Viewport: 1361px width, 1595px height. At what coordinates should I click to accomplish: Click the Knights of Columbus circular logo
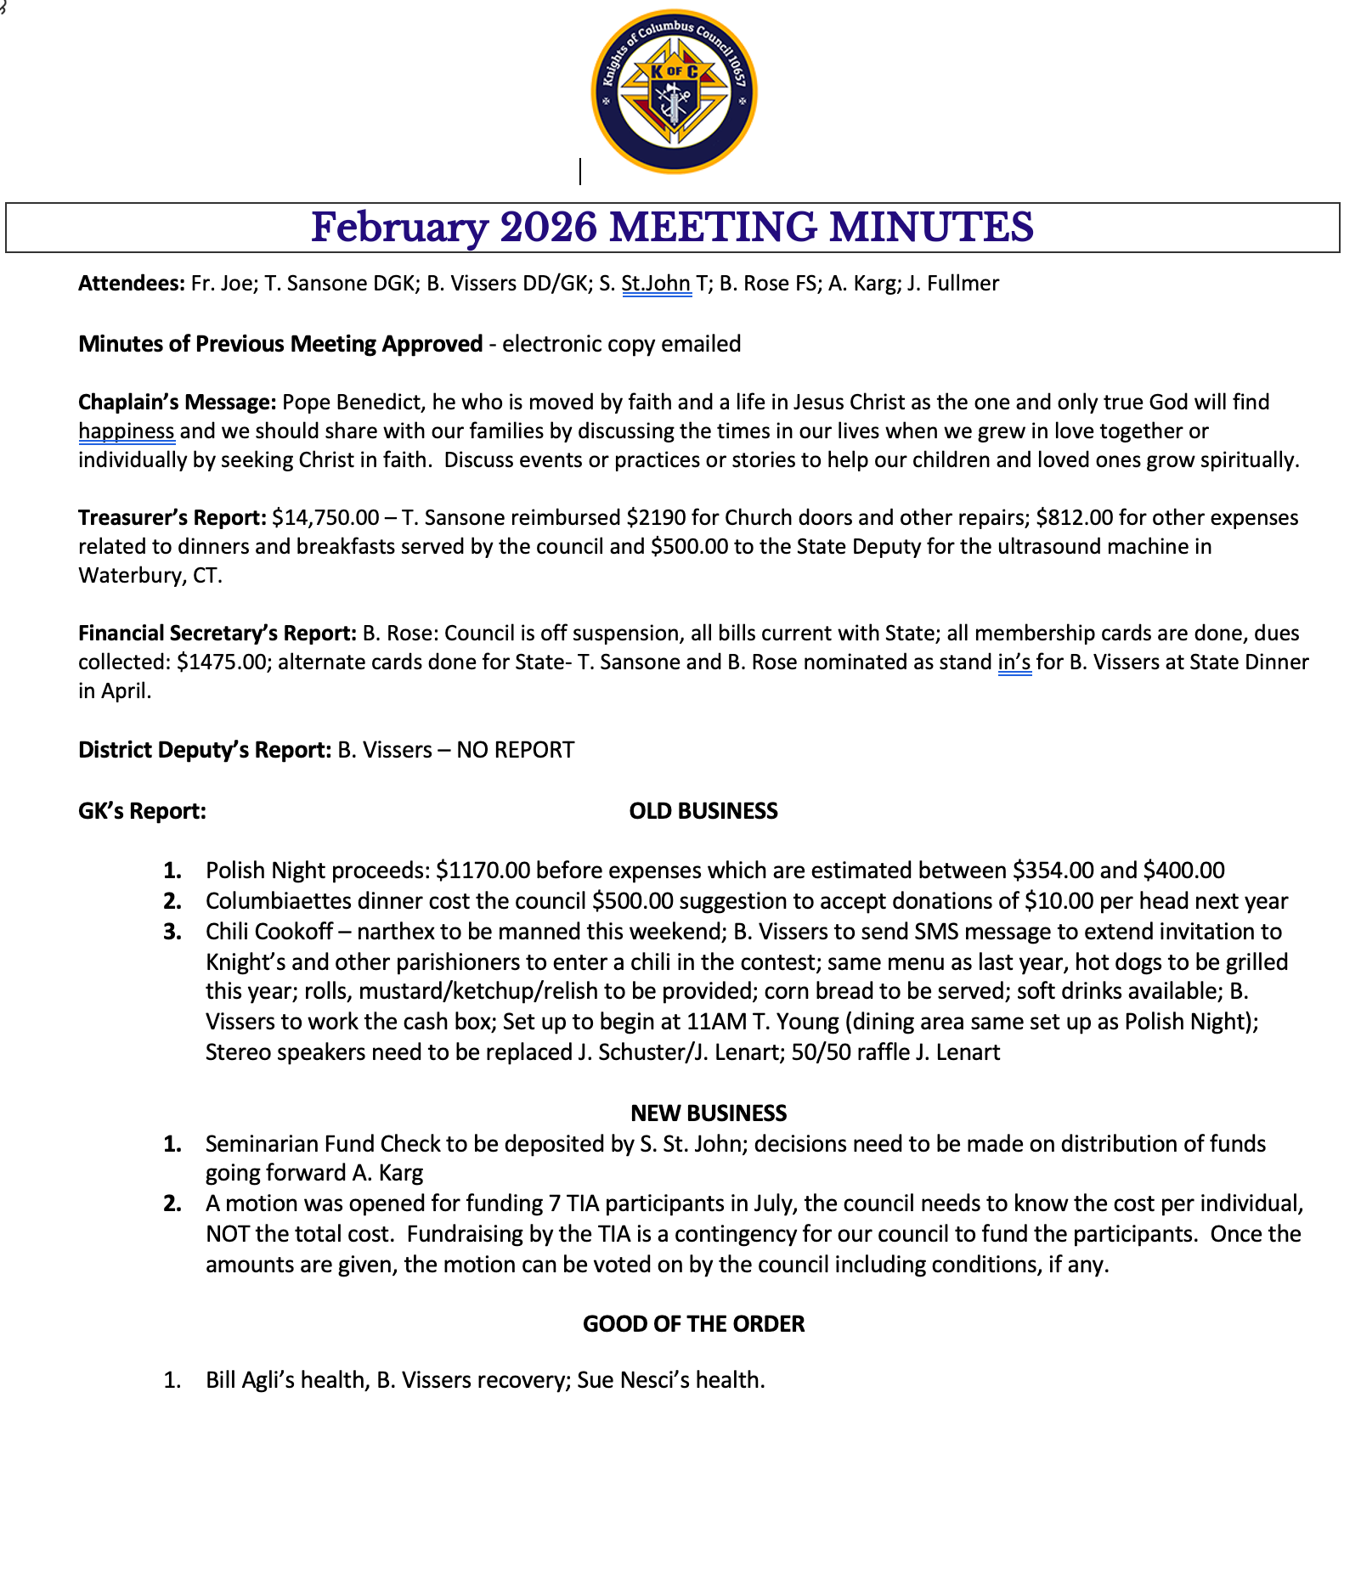pos(674,92)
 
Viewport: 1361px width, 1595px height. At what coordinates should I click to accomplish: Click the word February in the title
pos(399,228)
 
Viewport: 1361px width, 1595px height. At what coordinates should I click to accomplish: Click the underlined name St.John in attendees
pos(656,284)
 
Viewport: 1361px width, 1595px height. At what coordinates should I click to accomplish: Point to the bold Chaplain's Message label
pos(177,402)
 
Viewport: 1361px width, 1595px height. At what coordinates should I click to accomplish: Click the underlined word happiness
pos(127,431)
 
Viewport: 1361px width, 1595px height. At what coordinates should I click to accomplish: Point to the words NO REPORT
pos(515,750)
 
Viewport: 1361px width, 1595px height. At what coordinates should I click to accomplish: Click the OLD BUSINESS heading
pos(703,811)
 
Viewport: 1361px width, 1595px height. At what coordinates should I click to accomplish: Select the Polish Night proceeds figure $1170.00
pos(483,871)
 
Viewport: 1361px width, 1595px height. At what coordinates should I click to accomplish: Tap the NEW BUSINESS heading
pos(709,1113)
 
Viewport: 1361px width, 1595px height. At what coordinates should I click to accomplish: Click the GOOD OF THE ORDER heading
pos(693,1324)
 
